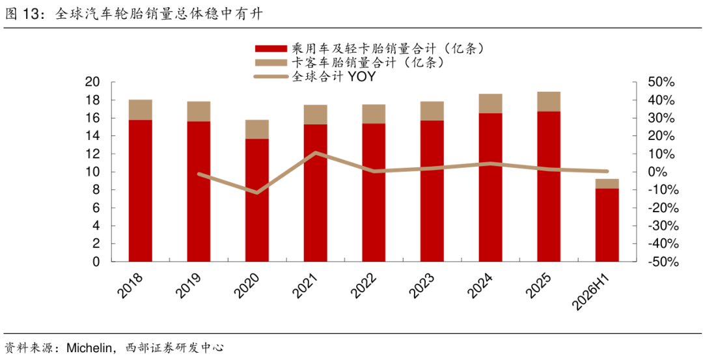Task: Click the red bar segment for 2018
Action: pyautogui.click(x=141, y=191)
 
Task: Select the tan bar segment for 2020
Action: pyautogui.click(x=257, y=129)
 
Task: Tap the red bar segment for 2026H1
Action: pyautogui.click(x=607, y=225)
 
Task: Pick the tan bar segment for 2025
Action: pyautogui.click(x=549, y=102)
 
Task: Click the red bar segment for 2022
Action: pyautogui.click(x=374, y=193)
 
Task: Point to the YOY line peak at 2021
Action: pyautogui.click(x=315, y=153)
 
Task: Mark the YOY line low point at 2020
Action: pyautogui.click(x=257, y=193)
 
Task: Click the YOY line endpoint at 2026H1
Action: pyautogui.click(x=607, y=171)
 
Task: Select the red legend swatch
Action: pyautogui.click(x=270, y=48)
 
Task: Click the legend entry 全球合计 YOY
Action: pyautogui.click(x=314, y=77)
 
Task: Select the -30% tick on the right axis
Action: pyautogui.click(x=659, y=226)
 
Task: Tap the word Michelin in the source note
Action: pyautogui.click(x=88, y=348)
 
